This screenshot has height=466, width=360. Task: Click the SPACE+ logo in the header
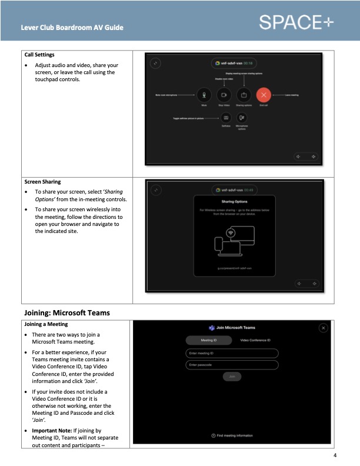304,22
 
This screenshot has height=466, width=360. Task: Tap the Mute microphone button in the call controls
204,94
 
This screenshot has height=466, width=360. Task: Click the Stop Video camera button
224,94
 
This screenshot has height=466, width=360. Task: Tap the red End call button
264,94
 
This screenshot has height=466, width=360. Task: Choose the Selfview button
225,118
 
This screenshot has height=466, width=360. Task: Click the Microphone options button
242,118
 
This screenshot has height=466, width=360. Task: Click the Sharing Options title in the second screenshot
234,201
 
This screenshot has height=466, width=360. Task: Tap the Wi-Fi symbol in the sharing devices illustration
231,232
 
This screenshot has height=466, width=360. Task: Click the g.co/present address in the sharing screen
234,268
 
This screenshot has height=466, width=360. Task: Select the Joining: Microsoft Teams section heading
67,312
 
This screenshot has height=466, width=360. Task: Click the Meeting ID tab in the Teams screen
208,340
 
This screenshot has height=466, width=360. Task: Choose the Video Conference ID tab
255,340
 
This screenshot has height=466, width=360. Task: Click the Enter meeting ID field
232,353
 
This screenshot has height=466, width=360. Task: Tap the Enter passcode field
232,365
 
